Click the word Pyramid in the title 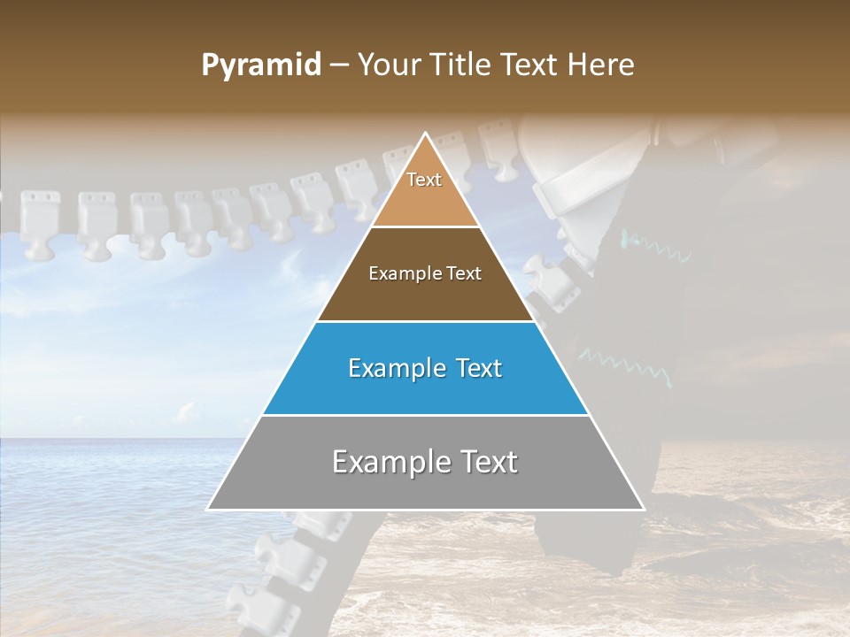(x=260, y=65)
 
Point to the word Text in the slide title (x=532, y=65)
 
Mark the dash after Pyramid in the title (x=338, y=65)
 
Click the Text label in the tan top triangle (x=424, y=180)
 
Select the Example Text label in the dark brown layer (x=425, y=273)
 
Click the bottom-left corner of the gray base (x=208, y=509)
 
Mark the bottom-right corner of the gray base (x=643, y=509)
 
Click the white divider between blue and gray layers (x=425, y=415)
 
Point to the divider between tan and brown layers (x=425, y=227)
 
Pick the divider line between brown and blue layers (x=425, y=321)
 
